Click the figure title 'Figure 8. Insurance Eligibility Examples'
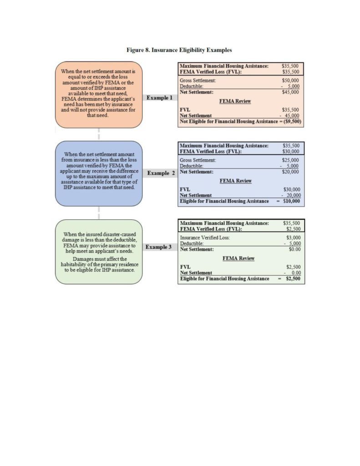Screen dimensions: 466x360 click(x=179, y=50)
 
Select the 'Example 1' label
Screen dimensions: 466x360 click(x=159, y=98)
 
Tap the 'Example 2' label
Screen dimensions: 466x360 click(x=161, y=173)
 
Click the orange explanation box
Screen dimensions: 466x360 click(x=99, y=95)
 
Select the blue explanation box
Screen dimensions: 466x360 click(x=99, y=173)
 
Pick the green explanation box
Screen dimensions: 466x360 click(x=99, y=252)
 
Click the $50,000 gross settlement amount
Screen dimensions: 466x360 click(x=290, y=81)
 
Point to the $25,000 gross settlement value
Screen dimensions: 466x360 click(x=290, y=160)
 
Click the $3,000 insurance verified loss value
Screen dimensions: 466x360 click(x=292, y=238)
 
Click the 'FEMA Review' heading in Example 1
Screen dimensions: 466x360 click(x=235, y=101)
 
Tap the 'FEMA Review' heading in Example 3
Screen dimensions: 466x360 click(x=238, y=258)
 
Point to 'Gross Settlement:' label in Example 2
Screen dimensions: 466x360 click(x=198, y=160)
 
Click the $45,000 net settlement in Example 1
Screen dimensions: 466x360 click(x=290, y=92)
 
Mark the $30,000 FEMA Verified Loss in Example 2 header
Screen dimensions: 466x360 click(x=290, y=152)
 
